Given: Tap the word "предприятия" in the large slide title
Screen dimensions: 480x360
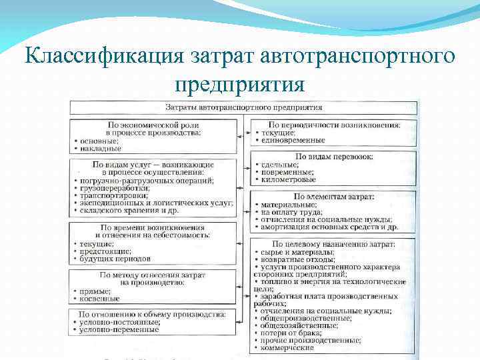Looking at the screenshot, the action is pyautogui.click(x=240, y=85).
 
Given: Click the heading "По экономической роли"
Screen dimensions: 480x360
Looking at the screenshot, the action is pyautogui.click(x=153, y=125).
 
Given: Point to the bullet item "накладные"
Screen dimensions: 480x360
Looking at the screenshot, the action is pyautogui.click(x=101, y=149).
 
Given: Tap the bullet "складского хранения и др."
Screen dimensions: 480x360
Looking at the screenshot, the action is pyautogui.click(x=133, y=211).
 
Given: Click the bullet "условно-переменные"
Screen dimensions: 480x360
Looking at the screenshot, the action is pyautogui.click(x=120, y=329).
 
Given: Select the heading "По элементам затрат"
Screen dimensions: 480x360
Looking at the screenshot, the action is pyautogui.click(x=333, y=197).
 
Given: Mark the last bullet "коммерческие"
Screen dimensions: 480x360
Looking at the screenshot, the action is pyautogui.click(x=287, y=347).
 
